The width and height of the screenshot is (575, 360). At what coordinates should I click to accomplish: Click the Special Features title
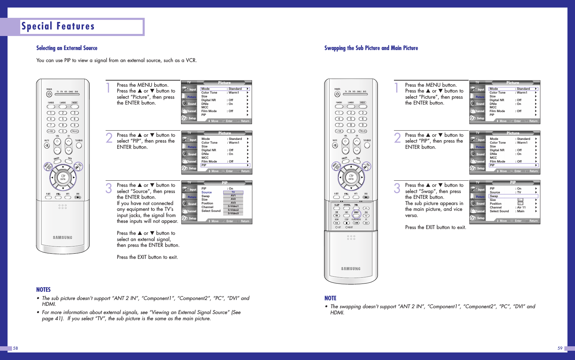tap(58, 26)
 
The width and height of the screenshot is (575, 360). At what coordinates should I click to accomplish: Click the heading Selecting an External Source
tap(67, 48)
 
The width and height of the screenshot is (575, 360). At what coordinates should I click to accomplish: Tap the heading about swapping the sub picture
tap(371, 48)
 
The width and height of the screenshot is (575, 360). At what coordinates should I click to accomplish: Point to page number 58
tap(15, 348)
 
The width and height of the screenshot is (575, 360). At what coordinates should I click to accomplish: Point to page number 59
tap(560, 348)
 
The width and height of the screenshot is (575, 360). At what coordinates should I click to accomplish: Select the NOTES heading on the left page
tap(44, 290)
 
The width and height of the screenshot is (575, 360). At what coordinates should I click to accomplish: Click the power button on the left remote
tap(49, 94)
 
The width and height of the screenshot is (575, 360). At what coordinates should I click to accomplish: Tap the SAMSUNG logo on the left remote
tap(62, 238)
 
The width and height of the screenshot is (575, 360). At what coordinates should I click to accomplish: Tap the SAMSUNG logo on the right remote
tap(351, 269)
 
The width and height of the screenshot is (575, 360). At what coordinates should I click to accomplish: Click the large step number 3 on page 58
tap(109, 188)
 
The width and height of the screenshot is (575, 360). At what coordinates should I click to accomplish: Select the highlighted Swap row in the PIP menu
tap(513, 196)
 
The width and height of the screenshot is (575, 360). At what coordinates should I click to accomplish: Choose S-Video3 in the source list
tap(233, 213)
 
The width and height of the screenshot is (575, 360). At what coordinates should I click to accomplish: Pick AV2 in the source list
tap(233, 199)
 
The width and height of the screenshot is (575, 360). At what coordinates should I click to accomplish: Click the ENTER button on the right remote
tap(351, 177)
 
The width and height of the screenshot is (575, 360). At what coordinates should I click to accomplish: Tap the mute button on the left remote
tap(47, 145)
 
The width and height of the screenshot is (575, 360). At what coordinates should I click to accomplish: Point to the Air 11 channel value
tap(521, 207)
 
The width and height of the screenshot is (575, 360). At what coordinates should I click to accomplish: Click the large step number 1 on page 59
tap(397, 88)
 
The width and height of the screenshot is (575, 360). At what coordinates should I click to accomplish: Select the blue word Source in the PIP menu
tap(206, 192)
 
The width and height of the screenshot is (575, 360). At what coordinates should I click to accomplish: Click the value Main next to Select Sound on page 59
tap(521, 211)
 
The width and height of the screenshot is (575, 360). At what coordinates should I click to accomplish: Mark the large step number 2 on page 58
tap(109, 138)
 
